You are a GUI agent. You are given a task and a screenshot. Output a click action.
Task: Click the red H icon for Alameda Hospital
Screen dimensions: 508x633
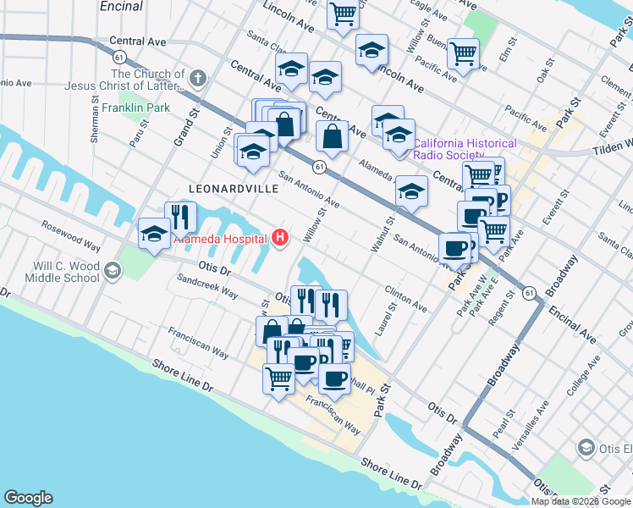coord(280,239)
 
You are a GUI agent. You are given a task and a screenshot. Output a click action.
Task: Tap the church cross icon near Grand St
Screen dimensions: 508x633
coord(198,80)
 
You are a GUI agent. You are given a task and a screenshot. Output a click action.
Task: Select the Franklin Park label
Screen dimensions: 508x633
coord(135,108)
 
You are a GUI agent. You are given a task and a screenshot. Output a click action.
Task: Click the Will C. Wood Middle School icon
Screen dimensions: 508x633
coord(112,271)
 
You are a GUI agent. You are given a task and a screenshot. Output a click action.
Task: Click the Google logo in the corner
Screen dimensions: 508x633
coord(28,498)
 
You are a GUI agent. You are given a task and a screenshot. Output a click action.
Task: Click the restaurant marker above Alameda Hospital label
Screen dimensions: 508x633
coord(179,217)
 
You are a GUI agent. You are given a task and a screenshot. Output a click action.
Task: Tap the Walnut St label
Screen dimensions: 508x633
coord(382,234)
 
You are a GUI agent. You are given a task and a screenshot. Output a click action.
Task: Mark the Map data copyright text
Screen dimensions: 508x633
coord(581,501)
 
